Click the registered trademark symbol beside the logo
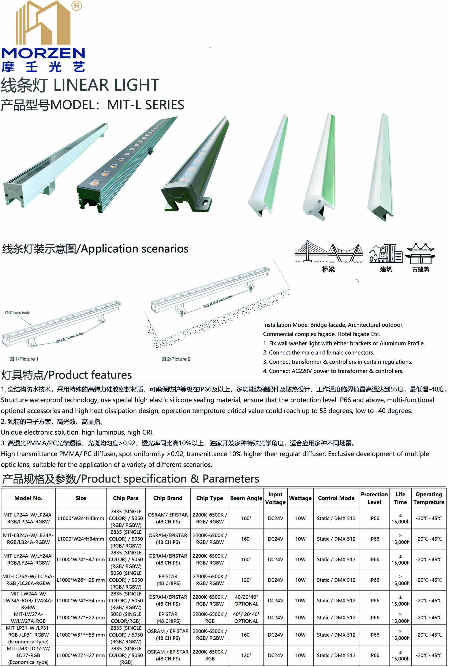pyautogui.click(x=76, y=5)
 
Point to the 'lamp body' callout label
pyautogui.click(x=17, y=312)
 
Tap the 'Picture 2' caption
pyautogui.click(x=176, y=359)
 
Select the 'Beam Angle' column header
pyautogui.click(x=246, y=498)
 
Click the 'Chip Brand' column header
pyautogui.click(x=168, y=498)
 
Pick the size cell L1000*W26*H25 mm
pyautogui.click(x=81, y=580)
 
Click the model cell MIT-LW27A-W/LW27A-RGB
pyautogui.click(x=28, y=618)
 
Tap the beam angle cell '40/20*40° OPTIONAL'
pyautogui.click(x=246, y=600)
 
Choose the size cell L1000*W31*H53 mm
pyautogui.click(x=81, y=635)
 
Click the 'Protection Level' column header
pyautogui.click(x=374, y=498)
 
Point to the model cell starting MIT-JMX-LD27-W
pyautogui.click(x=28, y=655)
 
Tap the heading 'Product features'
pyautogui.click(x=90, y=375)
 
